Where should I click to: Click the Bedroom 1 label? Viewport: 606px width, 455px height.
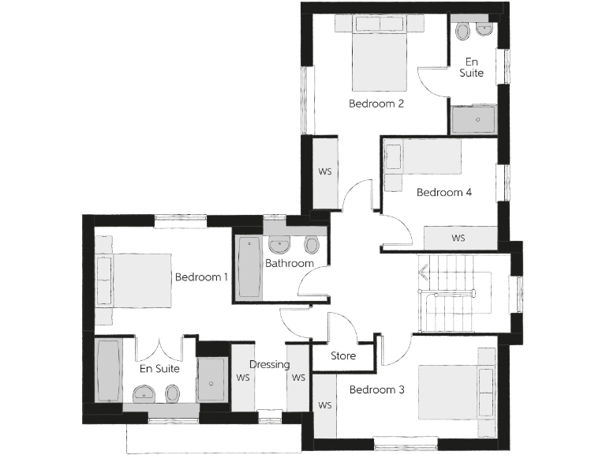pyautogui.click(x=201, y=277)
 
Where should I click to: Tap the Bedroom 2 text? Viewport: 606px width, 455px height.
pyautogui.click(x=376, y=103)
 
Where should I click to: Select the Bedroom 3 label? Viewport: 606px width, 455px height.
pyautogui.click(x=376, y=389)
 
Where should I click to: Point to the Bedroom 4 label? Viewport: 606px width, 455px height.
pyautogui.click(x=444, y=192)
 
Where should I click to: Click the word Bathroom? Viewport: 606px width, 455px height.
pyautogui.click(x=290, y=263)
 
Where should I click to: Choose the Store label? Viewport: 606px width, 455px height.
pyautogui.click(x=343, y=355)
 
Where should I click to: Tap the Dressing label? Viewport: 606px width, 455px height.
pyautogui.click(x=270, y=365)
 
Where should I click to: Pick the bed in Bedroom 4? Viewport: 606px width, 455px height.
pyautogui.click(x=422, y=156)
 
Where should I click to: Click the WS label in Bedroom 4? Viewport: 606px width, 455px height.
pyautogui.click(x=458, y=238)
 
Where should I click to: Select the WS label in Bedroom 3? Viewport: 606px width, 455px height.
pyautogui.click(x=325, y=405)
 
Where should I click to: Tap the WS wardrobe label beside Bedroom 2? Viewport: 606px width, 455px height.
pyautogui.click(x=324, y=171)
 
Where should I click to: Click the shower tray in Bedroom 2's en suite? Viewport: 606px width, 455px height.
pyautogui.click(x=473, y=120)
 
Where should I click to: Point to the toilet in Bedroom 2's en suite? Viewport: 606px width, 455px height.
pyautogui.click(x=463, y=31)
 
